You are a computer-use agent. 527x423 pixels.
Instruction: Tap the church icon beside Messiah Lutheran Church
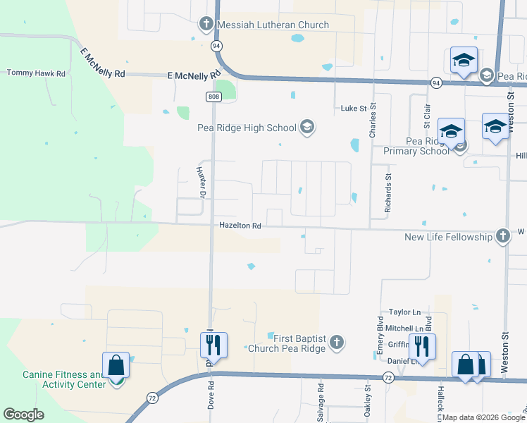click(206, 25)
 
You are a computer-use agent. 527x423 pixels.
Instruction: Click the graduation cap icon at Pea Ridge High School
click(306, 127)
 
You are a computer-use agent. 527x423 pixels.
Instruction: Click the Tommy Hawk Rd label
click(35, 73)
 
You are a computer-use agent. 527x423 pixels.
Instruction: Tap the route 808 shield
click(213, 96)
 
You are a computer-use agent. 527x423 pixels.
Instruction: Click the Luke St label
click(354, 108)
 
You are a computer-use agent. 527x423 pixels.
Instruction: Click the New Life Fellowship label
click(448, 237)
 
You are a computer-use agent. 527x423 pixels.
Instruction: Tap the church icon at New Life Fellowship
click(502, 236)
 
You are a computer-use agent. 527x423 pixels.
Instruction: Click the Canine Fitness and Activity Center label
click(63, 379)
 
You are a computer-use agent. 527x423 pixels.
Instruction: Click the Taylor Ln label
click(404, 312)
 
